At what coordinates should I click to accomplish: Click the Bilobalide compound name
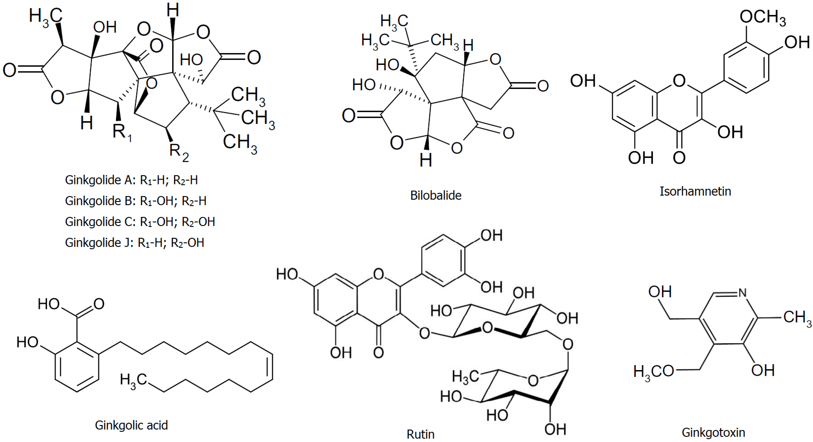(x=436, y=196)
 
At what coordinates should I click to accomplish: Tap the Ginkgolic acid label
(x=131, y=425)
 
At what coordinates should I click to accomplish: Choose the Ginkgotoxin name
(x=713, y=432)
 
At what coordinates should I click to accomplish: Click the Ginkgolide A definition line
(x=131, y=180)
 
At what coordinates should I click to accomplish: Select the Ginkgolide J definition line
(x=134, y=243)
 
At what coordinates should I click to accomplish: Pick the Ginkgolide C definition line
(x=140, y=222)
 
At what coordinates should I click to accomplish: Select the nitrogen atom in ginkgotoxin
(x=742, y=293)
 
